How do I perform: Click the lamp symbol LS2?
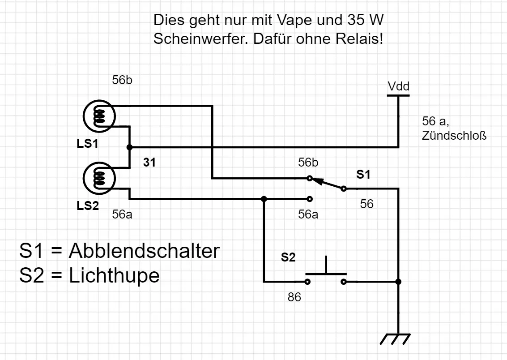pyautogui.click(x=99, y=179)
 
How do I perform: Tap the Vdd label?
pyautogui.click(x=398, y=86)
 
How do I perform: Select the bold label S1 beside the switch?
pyautogui.click(x=363, y=175)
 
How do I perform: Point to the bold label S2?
pyautogui.click(x=288, y=257)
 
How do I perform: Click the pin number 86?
pyautogui.click(x=294, y=297)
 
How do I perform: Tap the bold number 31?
pyautogui.click(x=149, y=163)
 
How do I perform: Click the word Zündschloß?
pyautogui.click(x=454, y=136)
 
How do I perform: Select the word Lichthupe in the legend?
pyautogui.click(x=114, y=275)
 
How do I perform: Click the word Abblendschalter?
pyautogui.click(x=144, y=251)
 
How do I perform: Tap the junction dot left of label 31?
pyautogui.click(x=129, y=147)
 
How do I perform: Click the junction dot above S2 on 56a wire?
pyautogui.click(x=264, y=199)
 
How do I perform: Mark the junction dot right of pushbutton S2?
pyautogui.click(x=398, y=282)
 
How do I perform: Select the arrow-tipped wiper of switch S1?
pyautogui.click(x=327, y=184)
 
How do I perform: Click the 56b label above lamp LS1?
pyautogui.click(x=122, y=81)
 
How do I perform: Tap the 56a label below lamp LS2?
pyautogui.click(x=122, y=214)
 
